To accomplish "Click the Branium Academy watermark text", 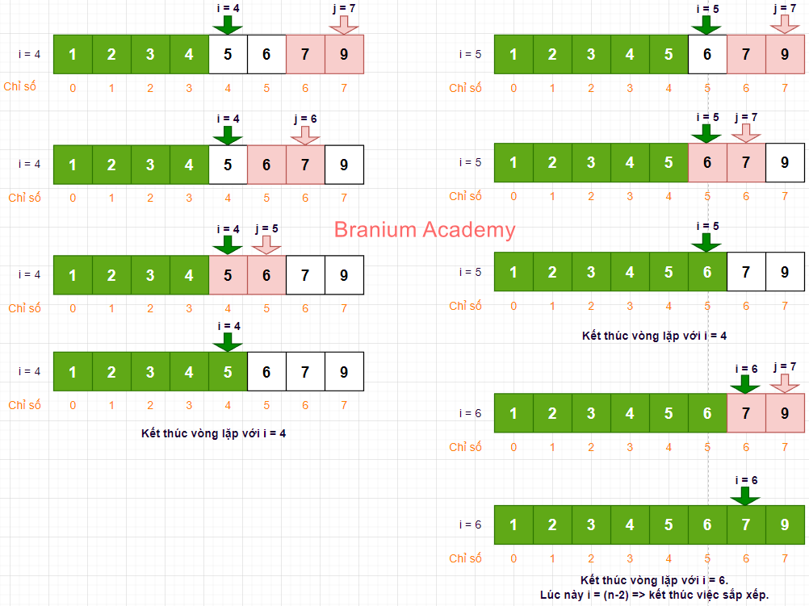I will point(424,230).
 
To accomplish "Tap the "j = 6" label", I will point(305,118).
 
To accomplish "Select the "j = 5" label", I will point(266,228).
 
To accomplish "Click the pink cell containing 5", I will point(228,275).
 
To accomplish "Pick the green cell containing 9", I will point(785,525).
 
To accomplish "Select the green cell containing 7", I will point(746,525).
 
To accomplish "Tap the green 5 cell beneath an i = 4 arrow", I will point(228,371).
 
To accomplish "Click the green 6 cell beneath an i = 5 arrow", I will point(707,272).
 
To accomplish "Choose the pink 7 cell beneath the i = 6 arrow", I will point(746,413).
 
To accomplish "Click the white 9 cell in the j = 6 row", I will point(344,165).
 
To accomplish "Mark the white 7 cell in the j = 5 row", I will point(305,275).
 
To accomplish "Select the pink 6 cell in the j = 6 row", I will point(266,165).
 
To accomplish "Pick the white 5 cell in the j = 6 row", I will point(228,165).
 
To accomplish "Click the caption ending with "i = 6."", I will point(655,580).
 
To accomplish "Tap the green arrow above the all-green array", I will point(746,495).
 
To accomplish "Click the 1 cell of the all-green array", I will point(513,525).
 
